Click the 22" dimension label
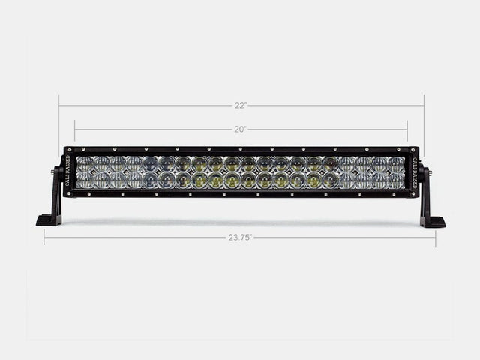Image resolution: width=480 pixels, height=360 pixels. tap(240, 105)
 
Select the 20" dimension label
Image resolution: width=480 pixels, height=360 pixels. tap(240, 129)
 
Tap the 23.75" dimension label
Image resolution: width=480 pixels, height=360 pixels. tap(240, 237)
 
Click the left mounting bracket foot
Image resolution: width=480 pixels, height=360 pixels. tap(49, 220)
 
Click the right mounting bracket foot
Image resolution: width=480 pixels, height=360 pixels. tap(432, 221)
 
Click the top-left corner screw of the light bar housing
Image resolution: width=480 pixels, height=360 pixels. tap(67, 149)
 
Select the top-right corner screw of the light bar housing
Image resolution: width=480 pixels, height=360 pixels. tap(415, 149)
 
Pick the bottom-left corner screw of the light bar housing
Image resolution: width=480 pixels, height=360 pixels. tap(67, 194)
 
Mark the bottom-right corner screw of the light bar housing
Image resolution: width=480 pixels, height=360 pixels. tap(415, 194)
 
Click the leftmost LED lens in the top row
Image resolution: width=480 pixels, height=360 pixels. tap(84, 163)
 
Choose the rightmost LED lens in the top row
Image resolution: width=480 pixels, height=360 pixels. tap(396, 163)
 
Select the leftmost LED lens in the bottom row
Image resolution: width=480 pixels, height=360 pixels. tap(84, 181)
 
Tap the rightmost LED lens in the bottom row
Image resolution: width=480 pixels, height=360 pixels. tap(396, 181)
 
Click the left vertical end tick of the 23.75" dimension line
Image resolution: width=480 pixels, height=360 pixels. tap(44, 237)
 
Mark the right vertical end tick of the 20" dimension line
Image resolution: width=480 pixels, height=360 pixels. tap(407, 129)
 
